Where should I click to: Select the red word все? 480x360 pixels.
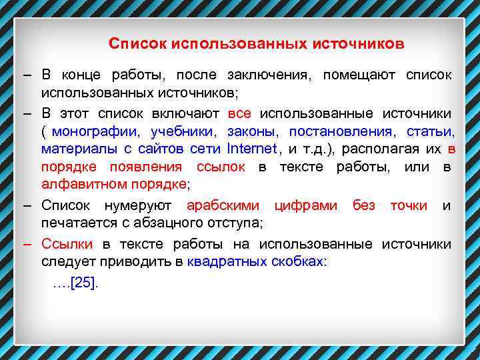(239, 113)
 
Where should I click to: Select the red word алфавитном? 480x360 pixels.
(79, 183)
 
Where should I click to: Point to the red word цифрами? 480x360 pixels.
(306, 205)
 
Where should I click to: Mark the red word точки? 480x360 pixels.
(409, 205)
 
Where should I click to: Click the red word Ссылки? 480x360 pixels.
(67, 244)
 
